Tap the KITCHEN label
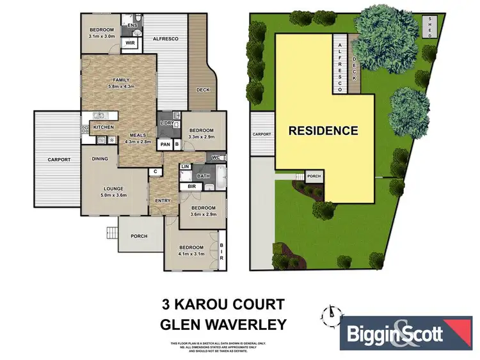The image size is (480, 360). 104,127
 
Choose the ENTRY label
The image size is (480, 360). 163,201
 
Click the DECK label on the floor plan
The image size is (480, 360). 204,90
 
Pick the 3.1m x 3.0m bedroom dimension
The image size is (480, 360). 101,36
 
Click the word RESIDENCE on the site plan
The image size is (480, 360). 323,131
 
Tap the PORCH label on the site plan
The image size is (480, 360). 314,176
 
